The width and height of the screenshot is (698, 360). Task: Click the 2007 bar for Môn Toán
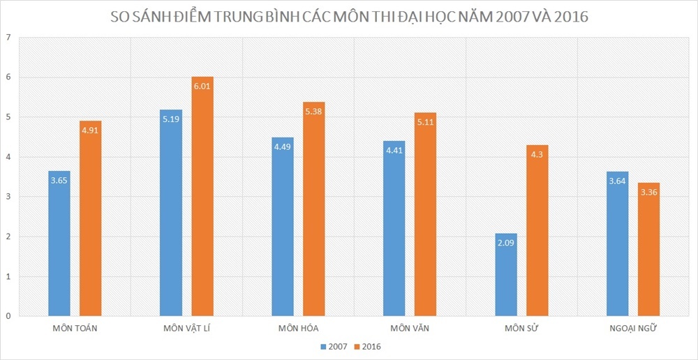click(x=59, y=243)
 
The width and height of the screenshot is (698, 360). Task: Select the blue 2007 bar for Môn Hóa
click(x=283, y=227)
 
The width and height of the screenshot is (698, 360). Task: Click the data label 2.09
click(x=506, y=243)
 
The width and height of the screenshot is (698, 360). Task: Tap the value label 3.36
click(x=648, y=192)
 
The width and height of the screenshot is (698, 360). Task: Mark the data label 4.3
click(x=537, y=154)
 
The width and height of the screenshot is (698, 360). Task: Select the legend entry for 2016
click(x=367, y=346)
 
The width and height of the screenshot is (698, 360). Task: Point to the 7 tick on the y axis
click(x=8, y=38)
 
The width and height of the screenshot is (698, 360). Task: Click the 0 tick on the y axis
click(x=8, y=316)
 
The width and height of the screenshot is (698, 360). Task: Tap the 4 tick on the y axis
click(x=8, y=157)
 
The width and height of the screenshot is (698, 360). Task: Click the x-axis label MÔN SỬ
click(x=521, y=329)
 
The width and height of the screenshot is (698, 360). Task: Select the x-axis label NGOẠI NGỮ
click(x=633, y=329)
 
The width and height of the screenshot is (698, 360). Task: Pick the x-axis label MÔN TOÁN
click(x=75, y=329)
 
